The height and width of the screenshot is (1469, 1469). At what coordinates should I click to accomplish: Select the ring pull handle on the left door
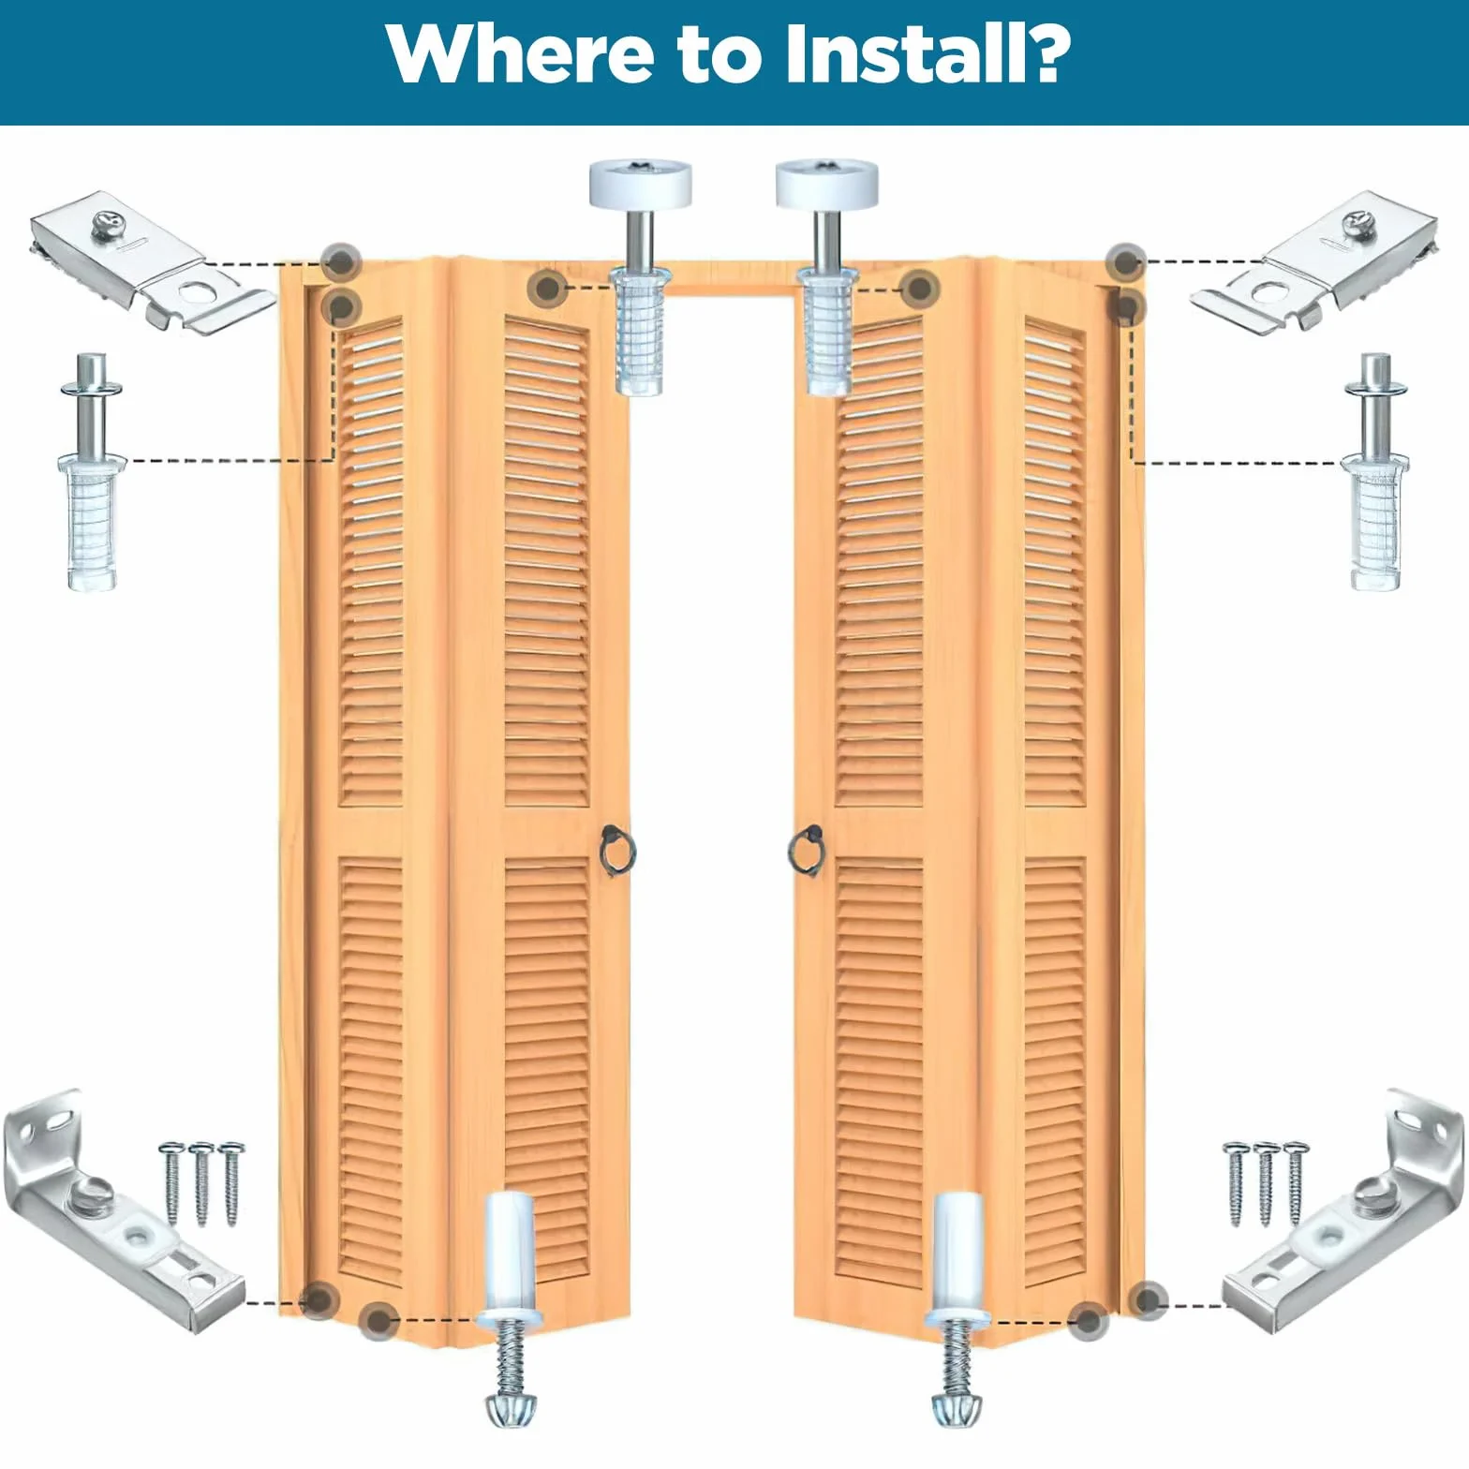click(x=618, y=848)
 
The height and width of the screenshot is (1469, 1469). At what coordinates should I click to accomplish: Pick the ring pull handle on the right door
click(x=806, y=848)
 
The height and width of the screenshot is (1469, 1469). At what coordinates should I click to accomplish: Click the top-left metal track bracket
click(x=153, y=260)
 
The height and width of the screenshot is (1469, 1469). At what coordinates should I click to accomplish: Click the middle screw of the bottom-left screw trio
click(x=200, y=1183)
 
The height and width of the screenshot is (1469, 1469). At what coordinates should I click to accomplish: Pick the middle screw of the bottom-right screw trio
click(x=1267, y=1183)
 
